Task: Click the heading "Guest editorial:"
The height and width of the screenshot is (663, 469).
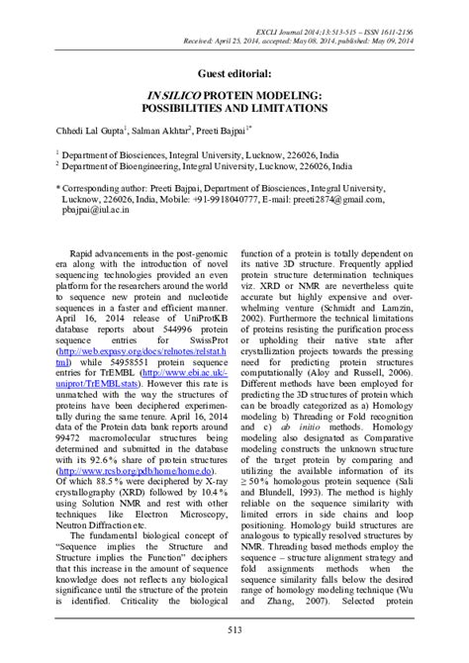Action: pyautogui.click(x=234, y=68)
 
